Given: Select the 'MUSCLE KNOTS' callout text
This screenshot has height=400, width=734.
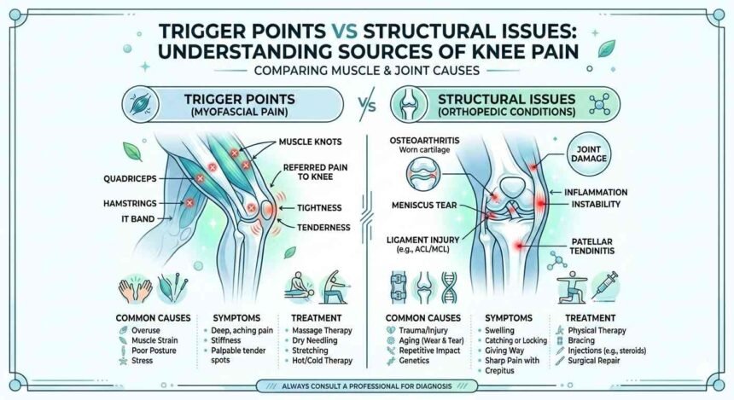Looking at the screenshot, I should (x=308, y=141).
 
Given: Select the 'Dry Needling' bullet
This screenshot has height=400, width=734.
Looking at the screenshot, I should (x=309, y=339).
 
